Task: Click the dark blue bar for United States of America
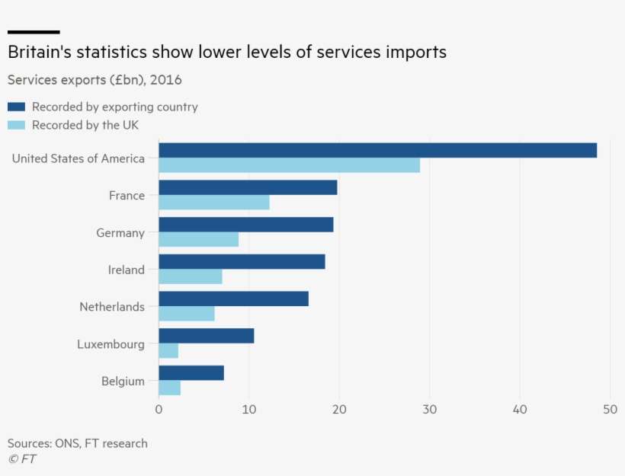377,150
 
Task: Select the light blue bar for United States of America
289,165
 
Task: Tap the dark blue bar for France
248,187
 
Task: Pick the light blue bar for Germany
198,240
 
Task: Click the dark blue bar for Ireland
242,261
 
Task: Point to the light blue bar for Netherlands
187,314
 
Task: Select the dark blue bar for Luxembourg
206,336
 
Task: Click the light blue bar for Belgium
169,388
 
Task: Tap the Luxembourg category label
111,344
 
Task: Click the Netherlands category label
112,307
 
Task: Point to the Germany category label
120,233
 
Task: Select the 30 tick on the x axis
429,409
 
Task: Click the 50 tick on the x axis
610,409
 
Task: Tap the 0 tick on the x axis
159,409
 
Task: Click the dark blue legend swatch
17,107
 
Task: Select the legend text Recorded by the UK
85,125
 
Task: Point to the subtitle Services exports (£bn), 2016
95,79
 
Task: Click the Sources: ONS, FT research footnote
78,443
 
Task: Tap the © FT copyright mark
22,458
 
